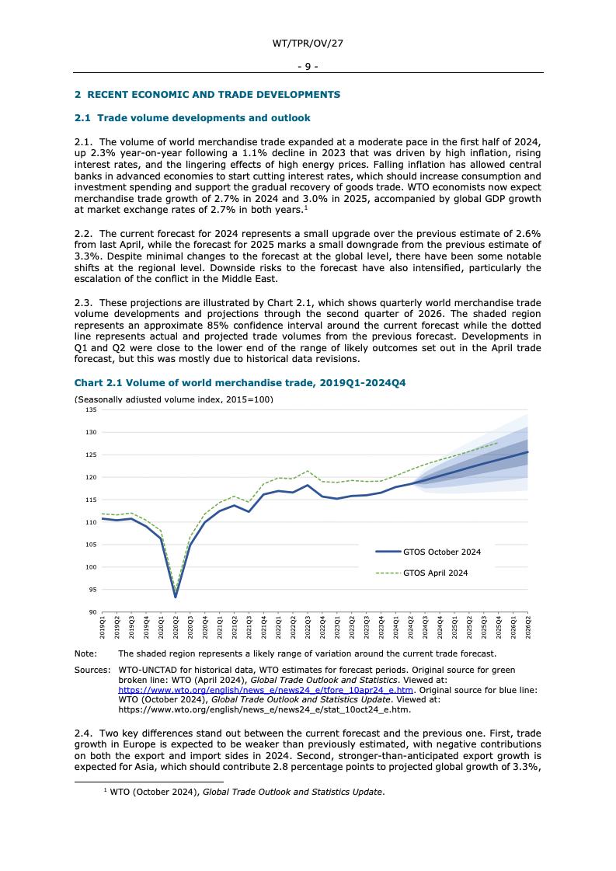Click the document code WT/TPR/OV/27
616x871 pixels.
pyautogui.click(x=308, y=44)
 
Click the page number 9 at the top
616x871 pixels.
pyautogui.click(x=308, y=67)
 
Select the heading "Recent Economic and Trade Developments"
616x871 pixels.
pyautogui.click(x=207, y=95)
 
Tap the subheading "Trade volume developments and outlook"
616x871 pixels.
pyautogui.click(x=192, y=118)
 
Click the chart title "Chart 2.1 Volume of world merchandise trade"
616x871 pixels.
pyautogui.click(x=240, y=383)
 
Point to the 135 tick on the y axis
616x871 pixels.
pyautogui.click(x=92, y=409)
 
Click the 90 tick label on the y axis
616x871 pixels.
pyautogui.click(x=93, y=612)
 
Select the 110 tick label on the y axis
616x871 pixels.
pyautogui.click(x=92, y=522)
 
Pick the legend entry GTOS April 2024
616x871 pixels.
pyautogui.click(x=435, y=573)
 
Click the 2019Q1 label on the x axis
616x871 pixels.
pyautogui.click(x=103, y=625)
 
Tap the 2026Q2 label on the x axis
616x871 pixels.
pyautogui.click(x=528, y=625)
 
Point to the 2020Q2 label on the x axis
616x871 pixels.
pyautogui.click(x=176, y=625)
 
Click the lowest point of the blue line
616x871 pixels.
pyautogui.click(x=176, y=597)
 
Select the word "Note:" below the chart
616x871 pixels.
pyautogui.click(x=85, y=654)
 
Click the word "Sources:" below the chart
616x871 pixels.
pyautogui.click(x=92, y=670)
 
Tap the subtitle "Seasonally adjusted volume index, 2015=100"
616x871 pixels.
pyautogui.click(x=173, y=399)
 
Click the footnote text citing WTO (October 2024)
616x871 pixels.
pyautogui.click(x=246, y=792)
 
